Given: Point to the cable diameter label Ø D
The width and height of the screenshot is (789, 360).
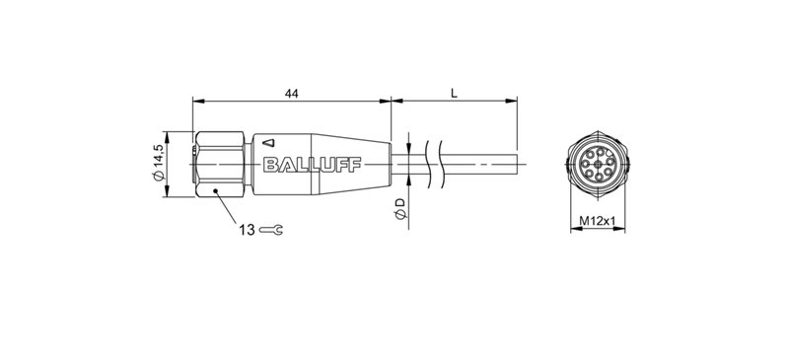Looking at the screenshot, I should pos(398,208).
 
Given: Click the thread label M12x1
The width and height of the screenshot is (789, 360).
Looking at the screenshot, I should pos(598,221).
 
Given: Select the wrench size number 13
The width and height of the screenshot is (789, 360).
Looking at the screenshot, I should pos(246,230).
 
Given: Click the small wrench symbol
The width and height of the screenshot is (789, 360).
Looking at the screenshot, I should pos(271,230).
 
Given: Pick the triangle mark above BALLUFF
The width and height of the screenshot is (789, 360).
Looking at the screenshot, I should pos(270,144).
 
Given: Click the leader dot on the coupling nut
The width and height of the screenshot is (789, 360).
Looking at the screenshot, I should pos(214,187).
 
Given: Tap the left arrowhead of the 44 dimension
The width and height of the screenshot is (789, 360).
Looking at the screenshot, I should pos(194,101).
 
